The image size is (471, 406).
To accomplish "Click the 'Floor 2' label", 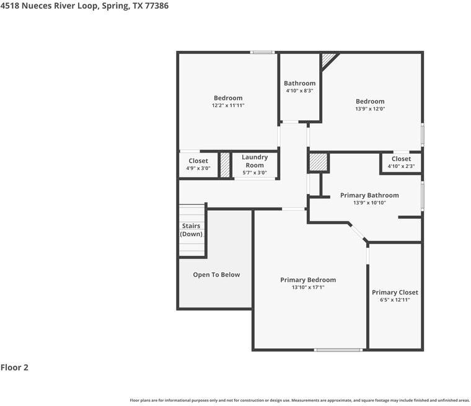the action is pyautogui.click(x=14, y=367).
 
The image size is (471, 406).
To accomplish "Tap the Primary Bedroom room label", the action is pyautogui.click(x=308, y=280).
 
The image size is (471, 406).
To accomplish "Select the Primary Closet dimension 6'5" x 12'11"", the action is pyautogui.click(x=395, y=299).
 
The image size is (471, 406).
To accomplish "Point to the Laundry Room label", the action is pyautogui.click(x=255, y=161).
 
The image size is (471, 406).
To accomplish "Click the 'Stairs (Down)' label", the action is pyautogui.click(x=191, y=230).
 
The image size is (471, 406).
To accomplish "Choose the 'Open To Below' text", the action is pyautogui.click(x=216, y=275).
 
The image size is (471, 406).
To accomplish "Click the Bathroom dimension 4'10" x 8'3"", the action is pyautogui.click(x=299, y=90).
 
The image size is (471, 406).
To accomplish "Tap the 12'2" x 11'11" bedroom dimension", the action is pyautogui.click(x=228, y=105).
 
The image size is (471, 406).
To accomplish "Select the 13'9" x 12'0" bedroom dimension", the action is pyautogui.click(x=370, y=109).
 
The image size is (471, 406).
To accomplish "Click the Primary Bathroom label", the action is pyautogui.click(x=369, y=195).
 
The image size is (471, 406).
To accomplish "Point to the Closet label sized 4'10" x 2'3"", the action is pyautogui.click(x=401, y=159).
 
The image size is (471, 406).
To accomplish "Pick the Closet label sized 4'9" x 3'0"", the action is pyautogui.click(x=198, y=161).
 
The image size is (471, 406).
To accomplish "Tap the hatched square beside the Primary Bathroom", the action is pyautogui.click(x=318, y=162).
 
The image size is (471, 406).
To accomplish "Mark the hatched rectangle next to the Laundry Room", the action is pyautogui.click(x=225, y=165).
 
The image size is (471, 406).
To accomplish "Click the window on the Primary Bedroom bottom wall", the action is pyautogui.click(x=338, y=350).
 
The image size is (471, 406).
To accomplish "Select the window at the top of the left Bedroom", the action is pyautogui.click(x=262, y=52).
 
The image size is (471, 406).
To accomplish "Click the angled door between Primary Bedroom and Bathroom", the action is pyautogui.click(x=358, y=232).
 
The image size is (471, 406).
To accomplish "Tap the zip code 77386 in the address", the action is pyautogui.click(x=157, y=6).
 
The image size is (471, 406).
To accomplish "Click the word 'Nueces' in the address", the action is pyautogui.click(x=37, y=6).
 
